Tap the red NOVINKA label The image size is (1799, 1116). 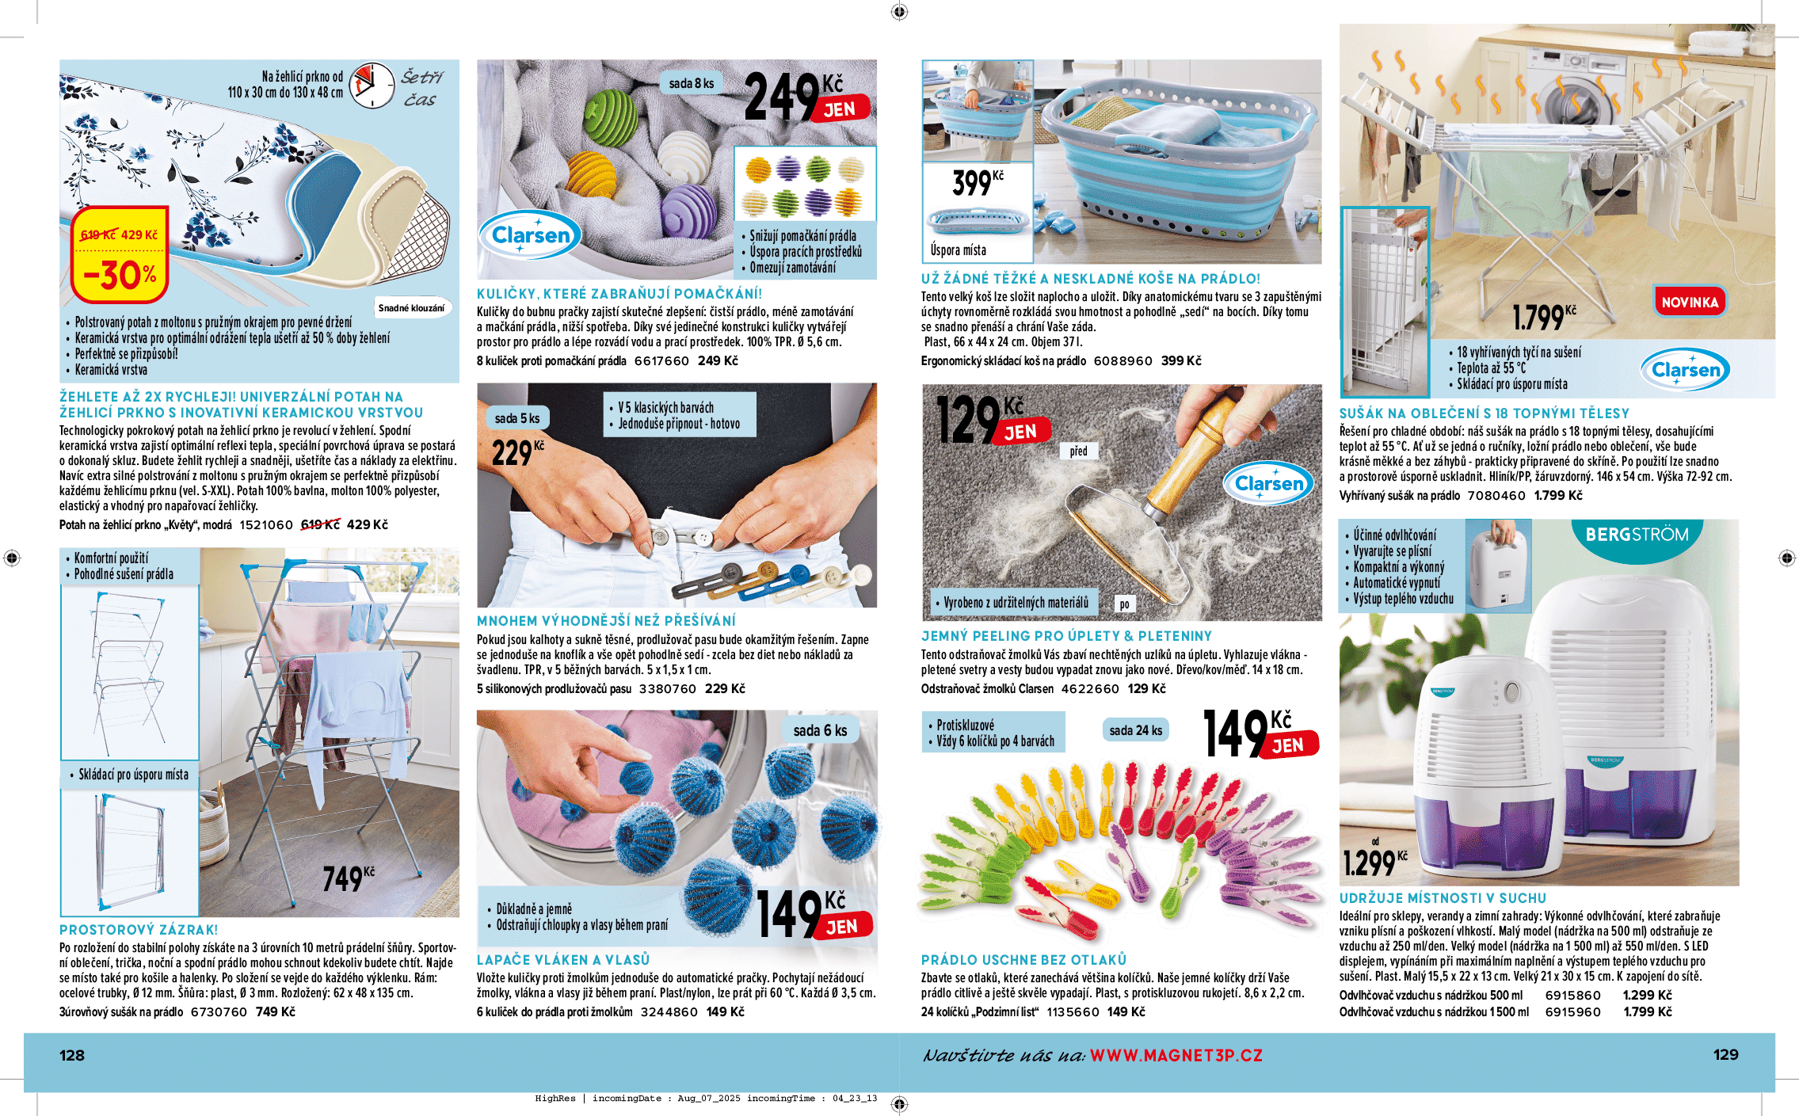coord(1689,302)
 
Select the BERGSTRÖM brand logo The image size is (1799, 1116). coord(1636,535)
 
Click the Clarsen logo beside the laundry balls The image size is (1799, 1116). coord(531,235)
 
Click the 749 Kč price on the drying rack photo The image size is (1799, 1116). coord(348,878)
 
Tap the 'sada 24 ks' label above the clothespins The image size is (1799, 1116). coord(1135,730)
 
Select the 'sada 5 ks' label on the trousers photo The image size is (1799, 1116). coord(516,418)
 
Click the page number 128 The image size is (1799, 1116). coord(72,1055)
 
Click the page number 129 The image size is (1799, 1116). coord(1725,1054)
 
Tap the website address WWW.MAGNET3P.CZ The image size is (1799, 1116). coord(1176,1055)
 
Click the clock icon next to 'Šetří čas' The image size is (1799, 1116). coord(372,86)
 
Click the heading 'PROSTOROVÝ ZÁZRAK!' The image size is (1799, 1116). coord(139,930)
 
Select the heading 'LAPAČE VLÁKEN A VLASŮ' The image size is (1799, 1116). coord(562,960)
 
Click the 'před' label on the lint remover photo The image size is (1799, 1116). coord(1078,451)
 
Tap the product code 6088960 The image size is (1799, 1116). coord(1122,361)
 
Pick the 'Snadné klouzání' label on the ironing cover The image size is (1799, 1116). coord(411,308)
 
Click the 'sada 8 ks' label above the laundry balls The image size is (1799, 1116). coord(691,83)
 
